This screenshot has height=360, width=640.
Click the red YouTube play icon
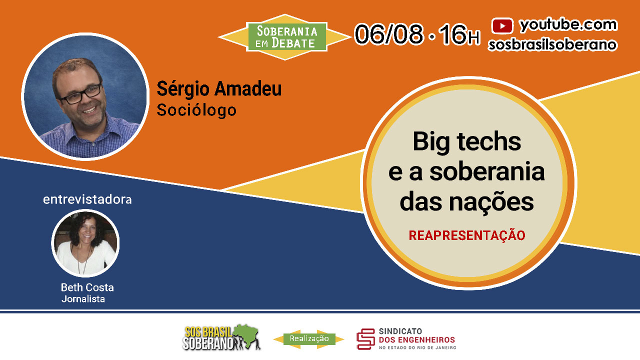(502, 25)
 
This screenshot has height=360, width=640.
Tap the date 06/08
(388, 34)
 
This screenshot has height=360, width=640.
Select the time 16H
(459, 34)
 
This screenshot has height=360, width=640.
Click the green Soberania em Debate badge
(287, 37)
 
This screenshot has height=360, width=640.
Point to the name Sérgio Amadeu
(219, 88)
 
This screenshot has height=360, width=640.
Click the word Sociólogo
(196, 110)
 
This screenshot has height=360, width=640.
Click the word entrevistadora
(87, 199)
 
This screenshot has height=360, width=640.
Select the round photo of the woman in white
(85, 243)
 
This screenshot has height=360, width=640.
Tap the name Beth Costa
(87, 287)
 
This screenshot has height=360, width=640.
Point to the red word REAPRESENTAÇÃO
(467, 235)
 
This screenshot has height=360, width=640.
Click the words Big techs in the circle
(467, 142)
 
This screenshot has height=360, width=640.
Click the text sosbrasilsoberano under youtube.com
(552, 45)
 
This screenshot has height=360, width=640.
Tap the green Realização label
(309, 339)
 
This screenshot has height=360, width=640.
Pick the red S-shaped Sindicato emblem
(365, 339)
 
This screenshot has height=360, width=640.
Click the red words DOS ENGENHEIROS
(417, 339)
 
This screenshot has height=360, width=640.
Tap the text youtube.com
(568, 25)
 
